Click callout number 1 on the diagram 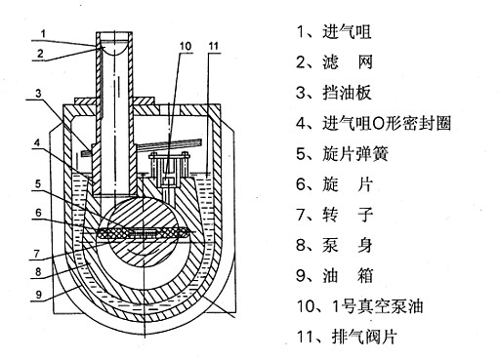coord(43,33)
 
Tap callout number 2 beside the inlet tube coord(40,54)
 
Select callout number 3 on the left coord(39,94)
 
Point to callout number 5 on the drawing coord(38,184)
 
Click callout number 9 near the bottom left coord(39,295)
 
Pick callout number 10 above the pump coord(186,46)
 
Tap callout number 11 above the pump coord(214,46)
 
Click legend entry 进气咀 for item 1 coord(347,32)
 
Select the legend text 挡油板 coord(347,93)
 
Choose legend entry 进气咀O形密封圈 coord(387,123)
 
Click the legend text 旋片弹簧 coord(355,154)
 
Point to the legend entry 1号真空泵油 coord(378,306)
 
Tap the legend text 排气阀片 coord(364,337)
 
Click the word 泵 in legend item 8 coord(330,246)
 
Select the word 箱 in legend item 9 coord(364,276)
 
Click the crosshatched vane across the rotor coord(144,233)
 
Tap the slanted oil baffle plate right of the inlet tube coord(169,144)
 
